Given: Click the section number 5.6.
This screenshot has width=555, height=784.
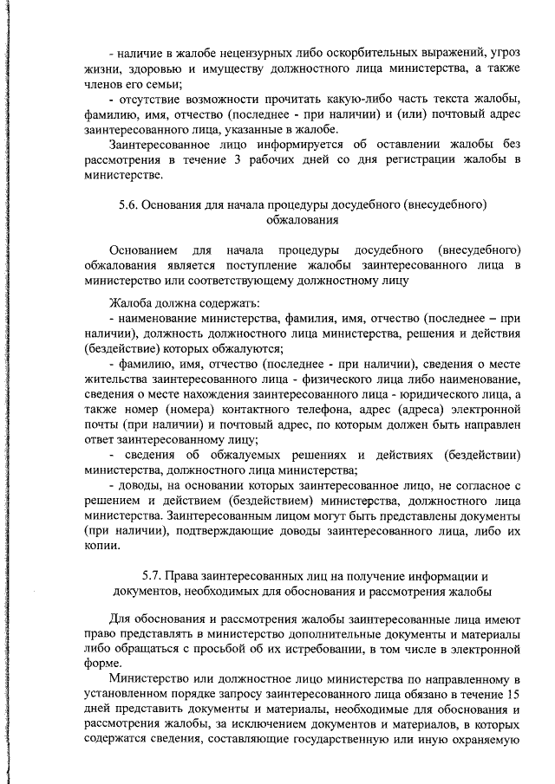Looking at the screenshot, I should tap(128, 205).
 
